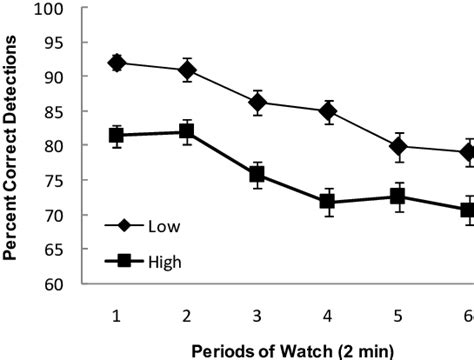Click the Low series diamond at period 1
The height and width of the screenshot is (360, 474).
[x=117, y=63]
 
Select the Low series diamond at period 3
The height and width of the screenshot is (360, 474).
[x=257, y=102]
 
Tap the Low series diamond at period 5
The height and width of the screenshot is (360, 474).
[x=398, y=146]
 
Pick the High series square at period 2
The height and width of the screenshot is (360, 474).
[x=187, y=132]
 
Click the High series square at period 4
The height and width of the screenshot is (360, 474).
[x=327, y=202]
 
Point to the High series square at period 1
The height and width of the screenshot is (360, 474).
[x=117, y=135]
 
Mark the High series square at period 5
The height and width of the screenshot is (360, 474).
[x=398, y=196]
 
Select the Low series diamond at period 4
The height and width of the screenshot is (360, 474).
[x=327, y=111]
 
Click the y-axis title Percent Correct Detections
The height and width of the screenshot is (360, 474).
[x=13, y=147]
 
